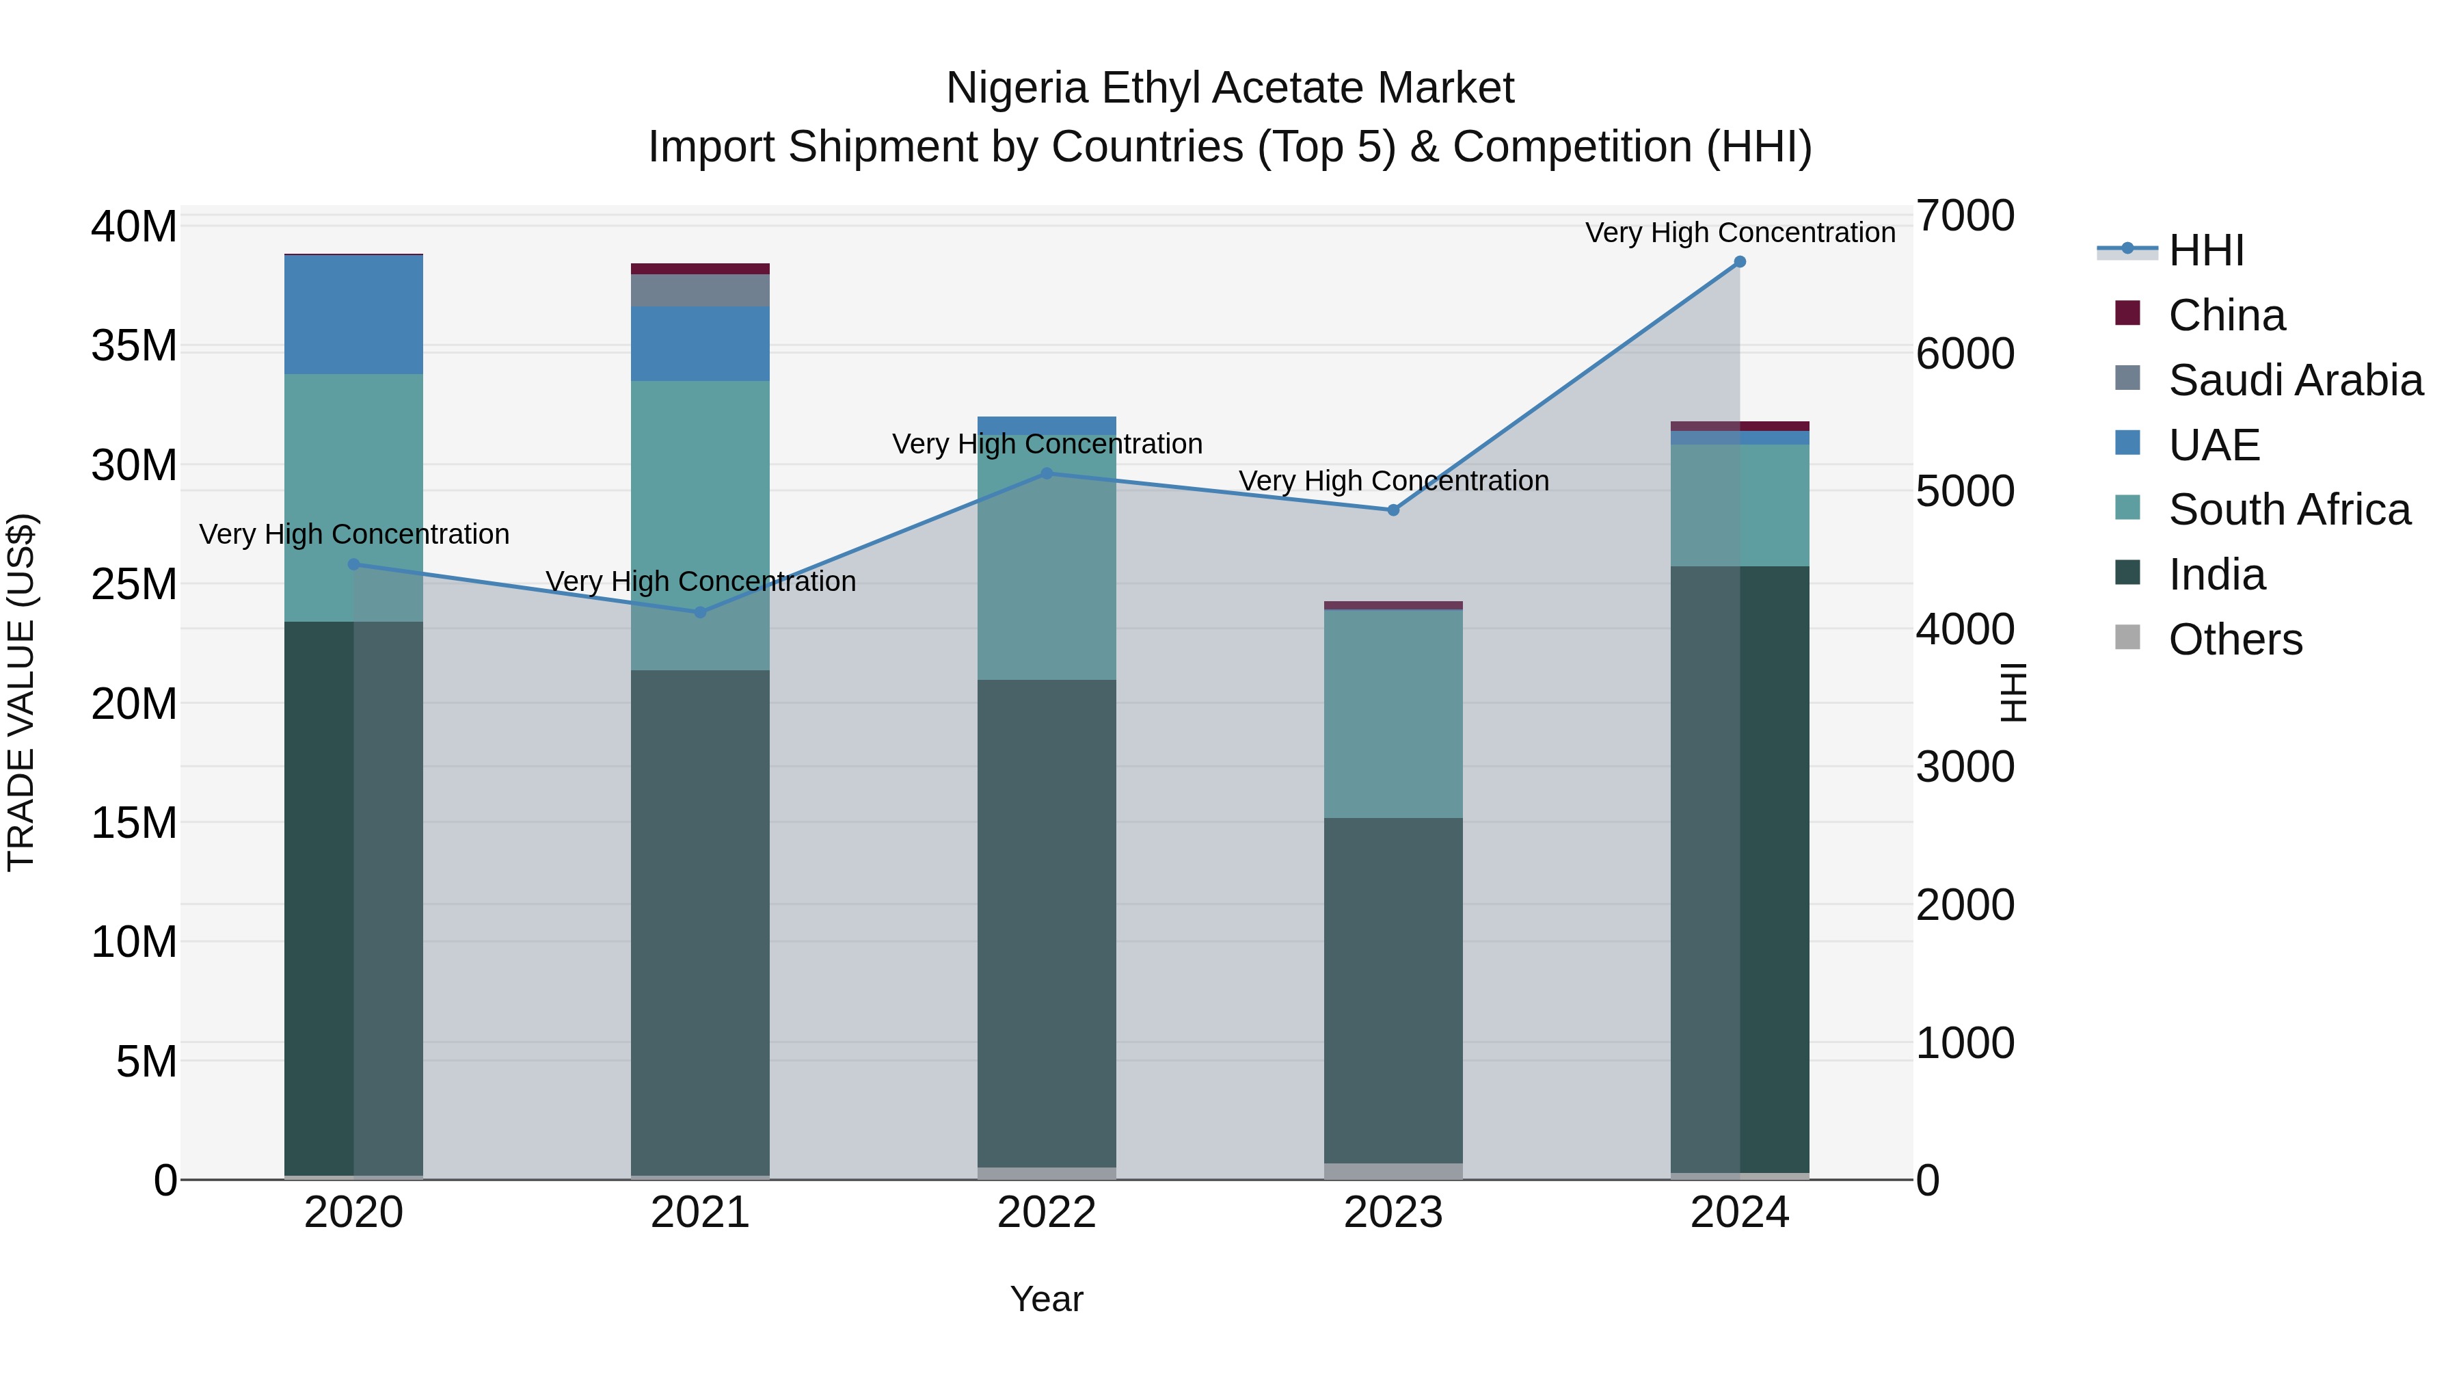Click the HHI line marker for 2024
click(x=1740, y=262)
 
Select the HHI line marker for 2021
click(x=700, y=611)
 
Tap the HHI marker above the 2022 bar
click(x=1046, y=473)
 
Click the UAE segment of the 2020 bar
click(x=353, y=315)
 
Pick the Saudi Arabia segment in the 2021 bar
click(x=700, y=291)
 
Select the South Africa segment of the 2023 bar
click(x=1393, y=713)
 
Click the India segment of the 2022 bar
click(x=1046, y=923)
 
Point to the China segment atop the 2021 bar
click(x=700, y=269)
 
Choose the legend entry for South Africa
click(x=2289, y=510)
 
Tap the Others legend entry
click(x=2235, y=639)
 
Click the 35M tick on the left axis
click(x=134, y=346)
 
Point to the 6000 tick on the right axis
click(x=1965, y=354)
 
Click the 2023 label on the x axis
click(x=1393, y=1213)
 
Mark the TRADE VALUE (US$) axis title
click(x=21, y=692)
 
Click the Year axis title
click(x=1046, y=1299)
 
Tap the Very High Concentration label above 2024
click(x=1740, y=233)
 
